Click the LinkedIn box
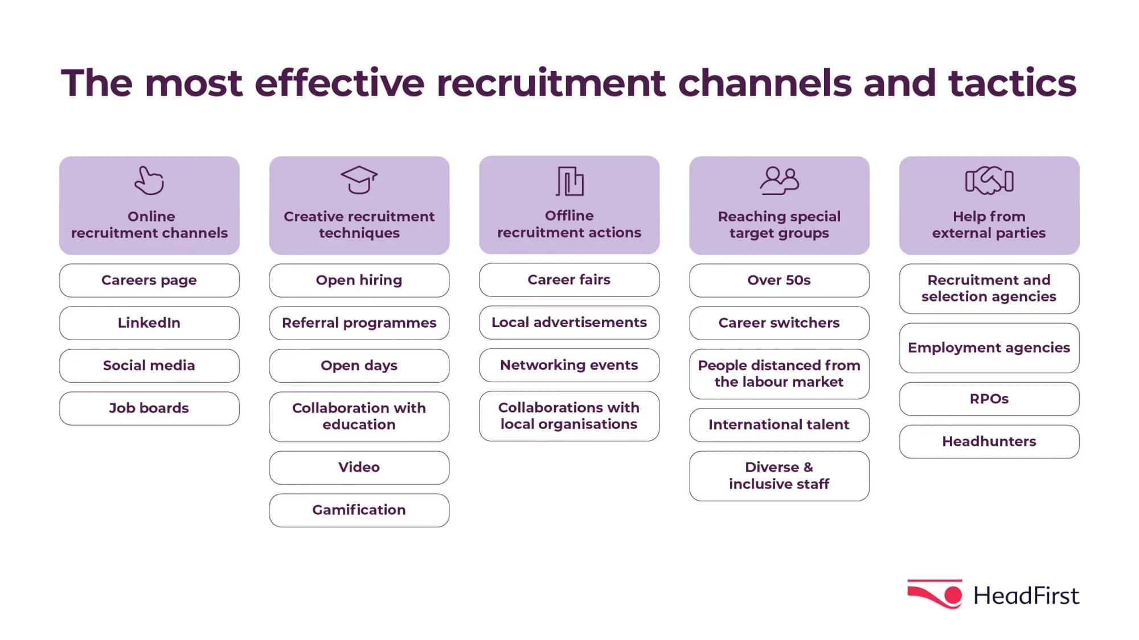coord(149,323)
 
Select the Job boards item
coord(149,408)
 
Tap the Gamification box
coord(359,510)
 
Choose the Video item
coord(359,467)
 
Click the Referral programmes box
coord(359,323)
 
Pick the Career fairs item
coord(569,279)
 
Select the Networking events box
coord(569,365)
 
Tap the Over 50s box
coord(779,280)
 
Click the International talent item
coord(779,424)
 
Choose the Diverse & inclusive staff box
coord(779,476)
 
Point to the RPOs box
coord(989,399)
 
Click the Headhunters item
coord(989,441)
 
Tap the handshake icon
coord(989,181)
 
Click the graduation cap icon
coord(359,180)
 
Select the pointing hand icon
coord(149,181)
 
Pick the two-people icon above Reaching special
coord(779,181)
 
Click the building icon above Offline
coord(569,181)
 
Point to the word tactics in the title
coord(1012,83)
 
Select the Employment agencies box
coord(989,348)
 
